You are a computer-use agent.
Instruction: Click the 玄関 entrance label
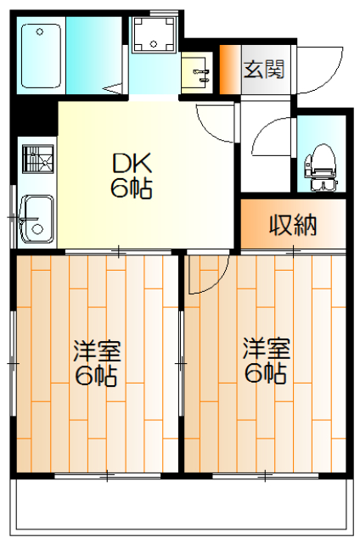point(264,69)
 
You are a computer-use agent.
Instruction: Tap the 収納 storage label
point(293,225)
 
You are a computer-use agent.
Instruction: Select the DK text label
point(132,164)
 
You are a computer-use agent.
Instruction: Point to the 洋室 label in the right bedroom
point(266,348)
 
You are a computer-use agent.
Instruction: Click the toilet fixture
point(321,168)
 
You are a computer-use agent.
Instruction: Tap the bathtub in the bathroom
point(42,55)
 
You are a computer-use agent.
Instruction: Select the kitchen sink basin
point(37,219)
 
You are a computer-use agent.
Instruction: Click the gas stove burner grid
point(37,159)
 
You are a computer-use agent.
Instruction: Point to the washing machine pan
point(154,35)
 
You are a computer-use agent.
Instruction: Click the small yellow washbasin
point(196,73)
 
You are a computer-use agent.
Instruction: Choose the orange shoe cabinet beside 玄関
point(230,70)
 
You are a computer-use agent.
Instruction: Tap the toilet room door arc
point(264,129)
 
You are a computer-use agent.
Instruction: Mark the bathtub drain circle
point(40,32)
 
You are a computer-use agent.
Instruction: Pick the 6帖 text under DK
point(132,188)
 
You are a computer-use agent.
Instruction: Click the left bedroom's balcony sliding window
point(108,476)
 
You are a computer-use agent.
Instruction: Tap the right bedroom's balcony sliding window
point(265,476)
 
